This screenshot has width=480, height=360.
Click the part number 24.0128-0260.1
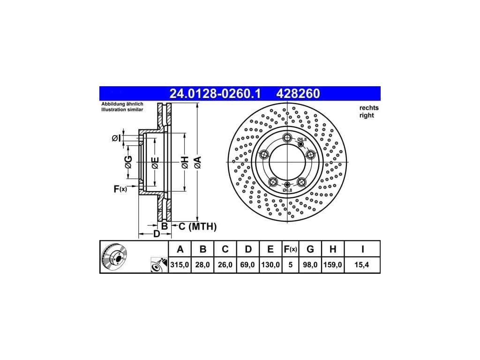pos(215,94)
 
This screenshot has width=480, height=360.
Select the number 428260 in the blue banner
pos(298,94)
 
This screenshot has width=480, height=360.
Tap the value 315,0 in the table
pos(180,265)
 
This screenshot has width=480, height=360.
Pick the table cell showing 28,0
pos(202,265)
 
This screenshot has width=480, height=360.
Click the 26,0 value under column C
pos(225,265)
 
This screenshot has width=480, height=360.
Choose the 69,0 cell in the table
pos(247,265)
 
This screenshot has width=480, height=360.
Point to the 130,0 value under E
pos(270,265)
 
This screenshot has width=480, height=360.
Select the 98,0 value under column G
pos(310,265)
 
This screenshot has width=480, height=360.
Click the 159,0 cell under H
pos(333,265)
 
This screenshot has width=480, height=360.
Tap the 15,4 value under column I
pos(362,265)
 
